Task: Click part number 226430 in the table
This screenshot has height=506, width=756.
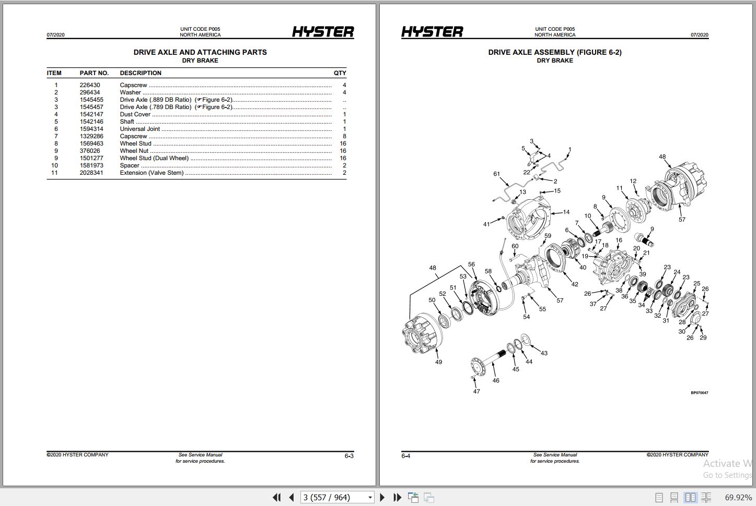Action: coord(89,85)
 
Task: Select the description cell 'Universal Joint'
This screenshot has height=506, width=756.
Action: coord(139,129)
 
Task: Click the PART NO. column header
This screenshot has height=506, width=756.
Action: coord(94,73)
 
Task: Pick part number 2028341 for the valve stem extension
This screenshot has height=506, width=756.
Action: coord(91,173)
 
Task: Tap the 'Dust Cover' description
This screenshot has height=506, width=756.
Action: coord(135,114)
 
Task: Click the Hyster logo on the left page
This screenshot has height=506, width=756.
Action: coord(322,32)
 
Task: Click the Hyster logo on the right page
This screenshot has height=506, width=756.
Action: coord(432,32)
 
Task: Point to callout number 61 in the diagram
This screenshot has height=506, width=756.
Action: coord(496,174)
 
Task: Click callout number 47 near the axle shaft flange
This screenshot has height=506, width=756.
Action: coord(476,391)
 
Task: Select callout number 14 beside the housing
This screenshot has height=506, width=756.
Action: coord(566,212)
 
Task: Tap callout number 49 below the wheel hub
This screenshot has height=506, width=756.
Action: coord(438,362)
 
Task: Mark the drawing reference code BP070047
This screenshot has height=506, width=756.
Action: coord(699,393)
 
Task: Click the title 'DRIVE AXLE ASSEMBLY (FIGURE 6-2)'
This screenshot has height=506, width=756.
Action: coord(554,52)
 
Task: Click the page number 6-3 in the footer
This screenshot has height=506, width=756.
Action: coord(349,456)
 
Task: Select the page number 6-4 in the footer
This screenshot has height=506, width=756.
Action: coord(406,456)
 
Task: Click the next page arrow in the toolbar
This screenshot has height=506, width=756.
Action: coord(382,497)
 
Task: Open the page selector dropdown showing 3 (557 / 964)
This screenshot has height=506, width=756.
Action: coord(370,497)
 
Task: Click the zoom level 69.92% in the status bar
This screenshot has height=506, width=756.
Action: coord(738,497)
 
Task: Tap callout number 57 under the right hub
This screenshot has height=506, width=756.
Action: coord(682,220)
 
